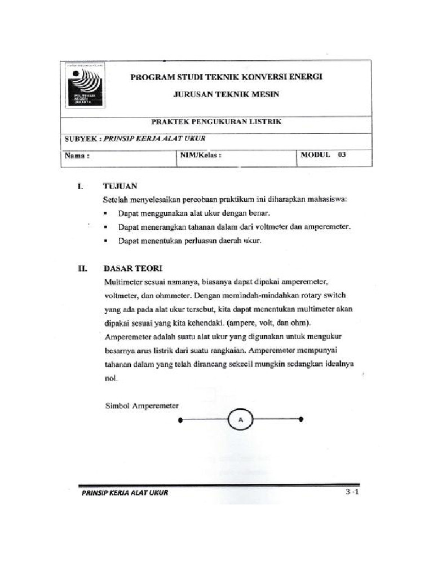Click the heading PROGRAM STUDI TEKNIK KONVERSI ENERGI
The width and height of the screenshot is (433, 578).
click(x=227, y=77)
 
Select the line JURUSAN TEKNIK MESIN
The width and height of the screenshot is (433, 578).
click(x=226, y=94)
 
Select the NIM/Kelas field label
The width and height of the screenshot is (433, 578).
click(x=201, y=155)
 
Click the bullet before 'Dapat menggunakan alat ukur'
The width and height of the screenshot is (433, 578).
click(x=107, y=214)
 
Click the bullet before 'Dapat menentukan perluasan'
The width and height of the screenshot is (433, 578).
click(x=107, y=241)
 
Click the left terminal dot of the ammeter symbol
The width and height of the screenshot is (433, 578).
click(x=180, y=420)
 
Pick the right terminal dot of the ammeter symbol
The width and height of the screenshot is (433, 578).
click(x=302, y=419)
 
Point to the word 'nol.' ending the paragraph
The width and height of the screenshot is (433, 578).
click(x=111, y=378)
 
